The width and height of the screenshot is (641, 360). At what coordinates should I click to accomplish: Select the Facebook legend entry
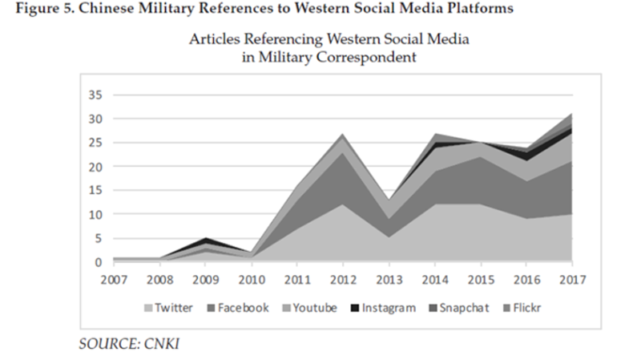(x=240, y=309)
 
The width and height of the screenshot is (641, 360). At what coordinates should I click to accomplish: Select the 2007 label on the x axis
(x=114, y=279)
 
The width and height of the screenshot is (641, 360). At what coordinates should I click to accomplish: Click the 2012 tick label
(x=343, y=279)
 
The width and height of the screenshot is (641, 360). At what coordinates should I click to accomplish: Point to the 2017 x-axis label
(x=572, y=279)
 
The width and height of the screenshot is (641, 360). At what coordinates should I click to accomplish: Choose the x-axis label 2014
(x=434, y=279)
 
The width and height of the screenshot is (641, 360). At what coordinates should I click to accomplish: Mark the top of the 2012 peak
(x=343, y=134)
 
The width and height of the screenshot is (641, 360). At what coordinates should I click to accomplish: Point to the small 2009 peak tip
(x=206, y=238)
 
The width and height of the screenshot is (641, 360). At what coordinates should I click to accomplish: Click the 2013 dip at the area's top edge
(x=389, y=200)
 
